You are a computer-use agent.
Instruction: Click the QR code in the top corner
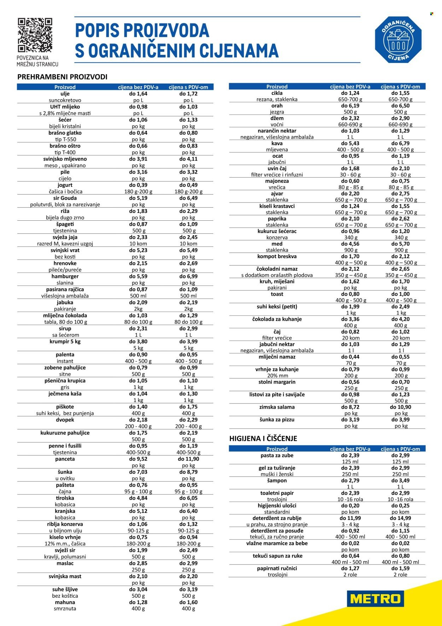35,35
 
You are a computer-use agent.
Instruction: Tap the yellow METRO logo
375,598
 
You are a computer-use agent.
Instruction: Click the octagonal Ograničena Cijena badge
398,40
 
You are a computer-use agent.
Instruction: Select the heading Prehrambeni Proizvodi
62,77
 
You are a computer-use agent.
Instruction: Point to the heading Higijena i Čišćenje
263,439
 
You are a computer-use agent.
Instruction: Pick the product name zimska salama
277,407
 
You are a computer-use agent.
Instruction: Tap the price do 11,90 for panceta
188,459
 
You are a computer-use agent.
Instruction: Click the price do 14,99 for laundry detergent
401,518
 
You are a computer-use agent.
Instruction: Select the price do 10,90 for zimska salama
401,407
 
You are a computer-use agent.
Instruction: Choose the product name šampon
277,481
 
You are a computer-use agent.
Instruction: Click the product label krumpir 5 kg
65,342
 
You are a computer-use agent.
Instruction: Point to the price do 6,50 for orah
401,106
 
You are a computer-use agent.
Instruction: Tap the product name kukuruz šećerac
277,231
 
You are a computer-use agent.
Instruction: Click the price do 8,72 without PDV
350,407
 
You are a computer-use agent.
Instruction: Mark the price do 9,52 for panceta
138,459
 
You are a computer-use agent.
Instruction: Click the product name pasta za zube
277,456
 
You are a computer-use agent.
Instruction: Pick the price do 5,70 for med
401,244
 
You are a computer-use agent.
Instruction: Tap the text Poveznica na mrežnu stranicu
37,61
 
